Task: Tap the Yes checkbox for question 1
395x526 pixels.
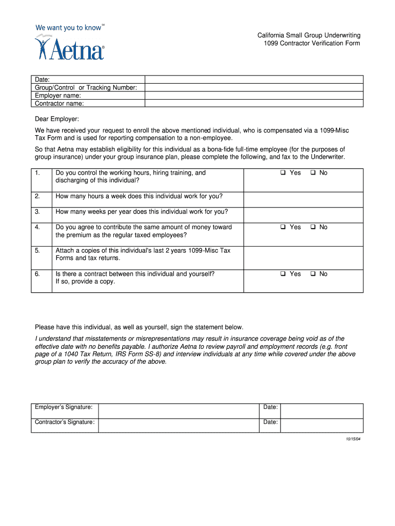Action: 283,173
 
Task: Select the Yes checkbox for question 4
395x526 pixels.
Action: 283,227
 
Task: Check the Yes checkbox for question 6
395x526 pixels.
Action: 283,274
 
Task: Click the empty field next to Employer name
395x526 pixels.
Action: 254,96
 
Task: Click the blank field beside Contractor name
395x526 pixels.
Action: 254,103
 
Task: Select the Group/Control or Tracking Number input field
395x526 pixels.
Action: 254,87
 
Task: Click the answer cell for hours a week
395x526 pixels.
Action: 303,199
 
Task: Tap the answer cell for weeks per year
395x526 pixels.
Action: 303,215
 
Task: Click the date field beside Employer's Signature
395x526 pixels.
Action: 322,411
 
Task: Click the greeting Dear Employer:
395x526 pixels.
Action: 56,119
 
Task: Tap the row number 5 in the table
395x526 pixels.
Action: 37,251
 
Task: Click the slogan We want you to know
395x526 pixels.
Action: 68,28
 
